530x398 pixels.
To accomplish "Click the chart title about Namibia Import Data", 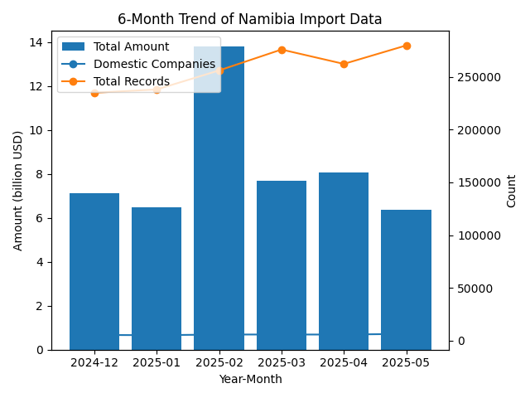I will click(x=249, y=19).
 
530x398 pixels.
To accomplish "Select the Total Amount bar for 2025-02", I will click(x=219, y=207).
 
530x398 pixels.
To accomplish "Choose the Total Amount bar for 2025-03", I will click(x=282, y=265).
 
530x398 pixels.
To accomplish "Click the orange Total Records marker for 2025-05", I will click(x=407, y=46).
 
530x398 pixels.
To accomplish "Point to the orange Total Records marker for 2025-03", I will click(x=282, y=50).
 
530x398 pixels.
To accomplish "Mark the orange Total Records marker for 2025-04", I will click(x=344, y=64).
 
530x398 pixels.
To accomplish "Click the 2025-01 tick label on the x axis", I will click(x=157, y=362).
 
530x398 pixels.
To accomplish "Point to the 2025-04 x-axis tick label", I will click(x=344, y=362).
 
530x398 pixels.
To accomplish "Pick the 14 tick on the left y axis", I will click(x=39, y=42).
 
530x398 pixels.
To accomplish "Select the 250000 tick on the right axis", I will click(x=477, y=77).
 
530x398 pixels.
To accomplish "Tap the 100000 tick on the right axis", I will click(x=477, y=235).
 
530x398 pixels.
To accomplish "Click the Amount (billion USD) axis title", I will click(x=18, y=190).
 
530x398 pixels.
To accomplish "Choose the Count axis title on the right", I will click(x=511, y=190).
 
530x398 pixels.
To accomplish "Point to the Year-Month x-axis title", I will click(x=250, y=379).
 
